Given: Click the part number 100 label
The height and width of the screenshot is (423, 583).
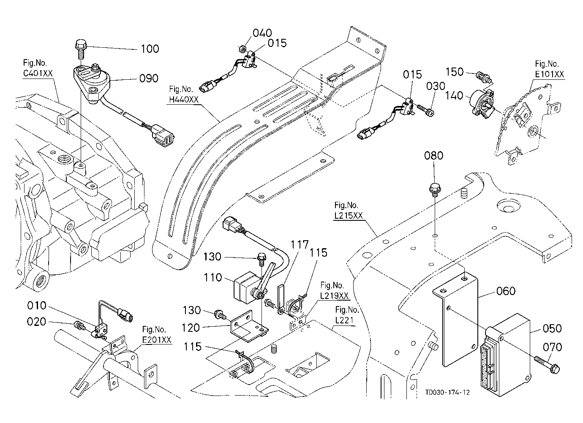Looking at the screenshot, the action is (x=150, y=49).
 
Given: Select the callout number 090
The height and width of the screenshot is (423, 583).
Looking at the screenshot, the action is (x=149, y=78).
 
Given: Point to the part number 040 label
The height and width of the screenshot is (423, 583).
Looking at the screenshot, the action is (x=262, y=33).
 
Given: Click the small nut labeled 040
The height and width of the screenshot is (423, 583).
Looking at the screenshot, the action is (x=242, y=49).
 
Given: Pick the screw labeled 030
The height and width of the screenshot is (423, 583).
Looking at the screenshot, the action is (x=426, y=110).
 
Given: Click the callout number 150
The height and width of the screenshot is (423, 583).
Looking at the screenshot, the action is (x=455, y=72).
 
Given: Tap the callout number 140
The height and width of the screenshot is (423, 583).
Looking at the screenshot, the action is (x=454, y=95).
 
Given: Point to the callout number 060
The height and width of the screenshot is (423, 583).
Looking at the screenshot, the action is (x=506, y=291).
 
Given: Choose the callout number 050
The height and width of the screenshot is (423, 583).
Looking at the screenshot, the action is (x=552, y=328).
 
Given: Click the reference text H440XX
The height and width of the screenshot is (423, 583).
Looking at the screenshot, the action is (x=184, y=99).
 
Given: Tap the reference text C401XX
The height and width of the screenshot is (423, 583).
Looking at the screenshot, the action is (x=38, y=73).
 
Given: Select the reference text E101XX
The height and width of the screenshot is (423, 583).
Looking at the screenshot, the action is (x=550, y=74).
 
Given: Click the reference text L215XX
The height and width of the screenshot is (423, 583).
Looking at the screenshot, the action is (x=349, y=216).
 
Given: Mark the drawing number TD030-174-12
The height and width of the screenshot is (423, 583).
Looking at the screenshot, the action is (x=448, y=392).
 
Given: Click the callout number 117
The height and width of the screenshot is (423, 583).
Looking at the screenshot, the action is (x=300, y=245).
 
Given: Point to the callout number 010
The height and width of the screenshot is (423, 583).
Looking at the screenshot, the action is (x=37, y=305).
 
